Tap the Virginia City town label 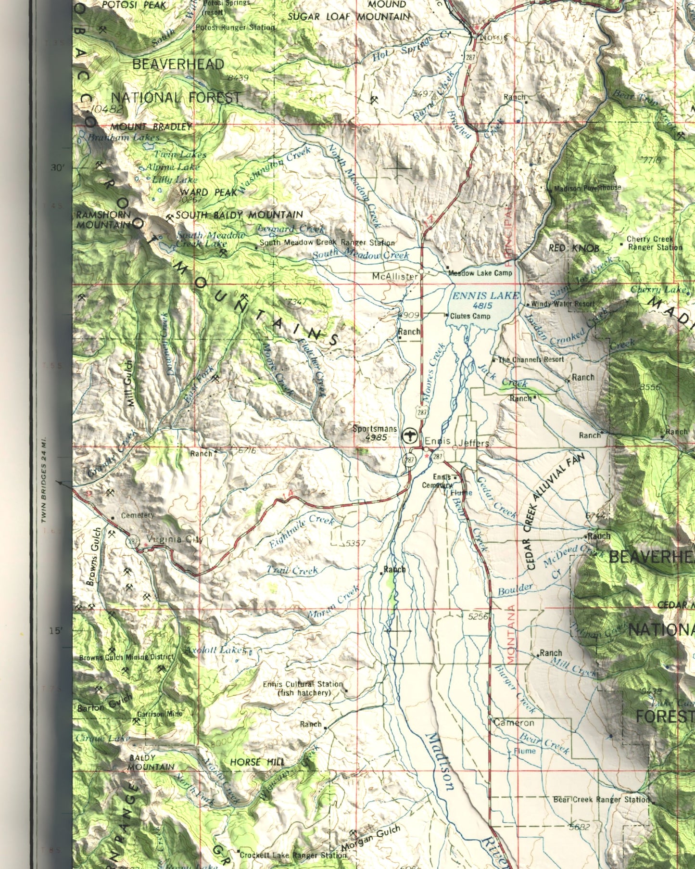click(x=175, y=539)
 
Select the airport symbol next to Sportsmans click(x=409, y=435)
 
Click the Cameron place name click(x=514, y=722)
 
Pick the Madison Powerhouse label click(x=587, y=188)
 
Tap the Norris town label click(x=493, y=38)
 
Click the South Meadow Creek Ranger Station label click(x=327, y=243)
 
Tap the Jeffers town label click(x=474, y=443)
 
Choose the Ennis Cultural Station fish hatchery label click(x=303, y=688)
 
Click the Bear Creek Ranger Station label click(x=601, y=799)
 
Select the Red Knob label click(x=574, y=248)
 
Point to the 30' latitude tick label click(x=57, y=168)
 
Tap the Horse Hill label click(x=257, y=762)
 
